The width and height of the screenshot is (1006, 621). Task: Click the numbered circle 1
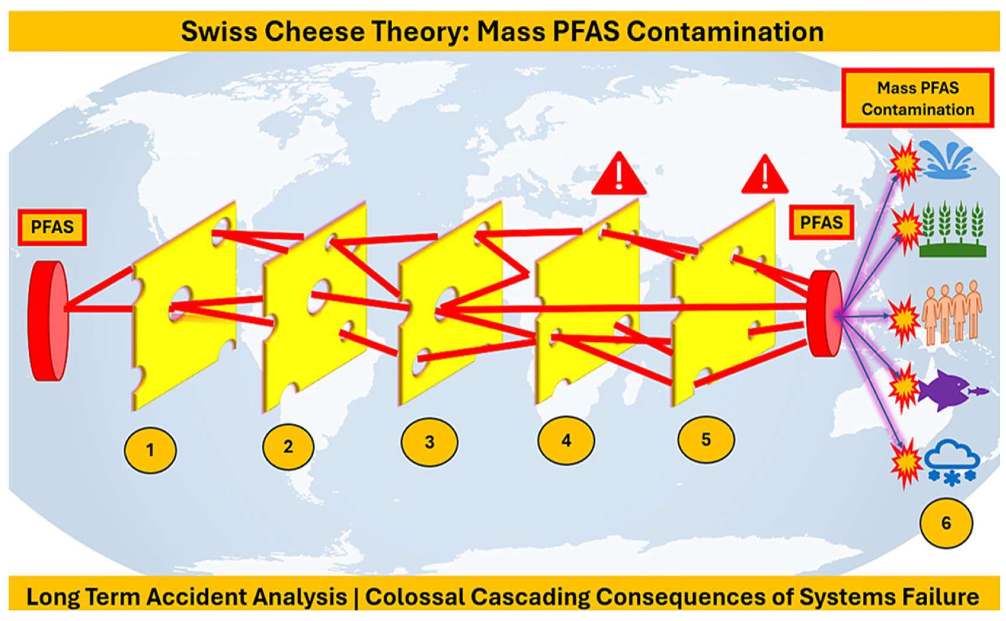pos(150,450)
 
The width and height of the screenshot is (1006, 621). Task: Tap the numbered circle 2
pos(288,446)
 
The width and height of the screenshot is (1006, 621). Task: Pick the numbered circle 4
pos(566,440)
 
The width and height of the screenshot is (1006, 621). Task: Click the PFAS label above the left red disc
pos(52,227)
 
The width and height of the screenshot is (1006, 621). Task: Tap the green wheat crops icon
pos(952,230)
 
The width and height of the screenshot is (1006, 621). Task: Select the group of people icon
pos(951,312)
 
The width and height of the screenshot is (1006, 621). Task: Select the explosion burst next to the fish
pos(903,388)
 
